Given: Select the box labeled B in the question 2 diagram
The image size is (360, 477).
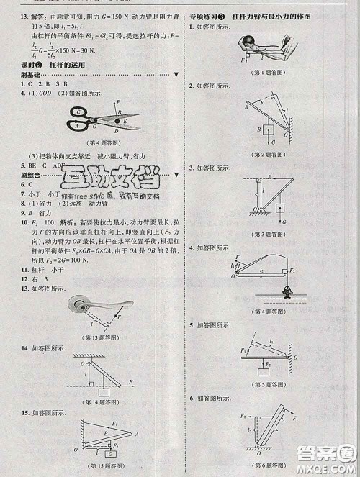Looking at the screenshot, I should coord(266,130).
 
